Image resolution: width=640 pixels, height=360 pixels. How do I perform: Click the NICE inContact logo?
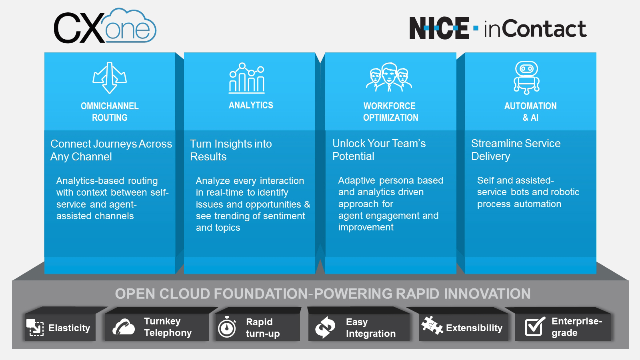(x=498, y=28)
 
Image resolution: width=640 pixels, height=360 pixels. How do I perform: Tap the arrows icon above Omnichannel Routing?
(x=110, y=78)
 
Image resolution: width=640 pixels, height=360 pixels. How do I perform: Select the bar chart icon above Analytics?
(x=247, y=78)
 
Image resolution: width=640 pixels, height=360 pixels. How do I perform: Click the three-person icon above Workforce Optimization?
(x=389, y=77)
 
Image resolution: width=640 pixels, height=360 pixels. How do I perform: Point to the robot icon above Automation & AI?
(x=526, y=78)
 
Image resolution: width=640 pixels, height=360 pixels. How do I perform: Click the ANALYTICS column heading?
(x=251, y=105)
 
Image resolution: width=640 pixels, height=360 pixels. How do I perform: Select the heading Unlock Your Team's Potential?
(x=379, y=150)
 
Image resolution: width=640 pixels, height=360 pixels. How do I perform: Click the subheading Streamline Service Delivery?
(x=516, y=150)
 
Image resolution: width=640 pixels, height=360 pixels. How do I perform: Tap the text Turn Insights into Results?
(x=231, y=150)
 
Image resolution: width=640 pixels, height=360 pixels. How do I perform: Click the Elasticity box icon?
(x=35, y=327)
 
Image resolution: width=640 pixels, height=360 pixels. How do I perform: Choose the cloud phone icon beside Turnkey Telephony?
(x=124, y=327)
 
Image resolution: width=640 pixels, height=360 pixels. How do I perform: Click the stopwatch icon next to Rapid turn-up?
(x=227, y=327)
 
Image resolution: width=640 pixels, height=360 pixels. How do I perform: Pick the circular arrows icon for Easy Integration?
(x=325, y=327)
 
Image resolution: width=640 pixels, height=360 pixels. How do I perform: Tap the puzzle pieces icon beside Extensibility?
(x=432, y=325)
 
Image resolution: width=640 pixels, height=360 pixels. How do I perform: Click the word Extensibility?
(x=474, y=328)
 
